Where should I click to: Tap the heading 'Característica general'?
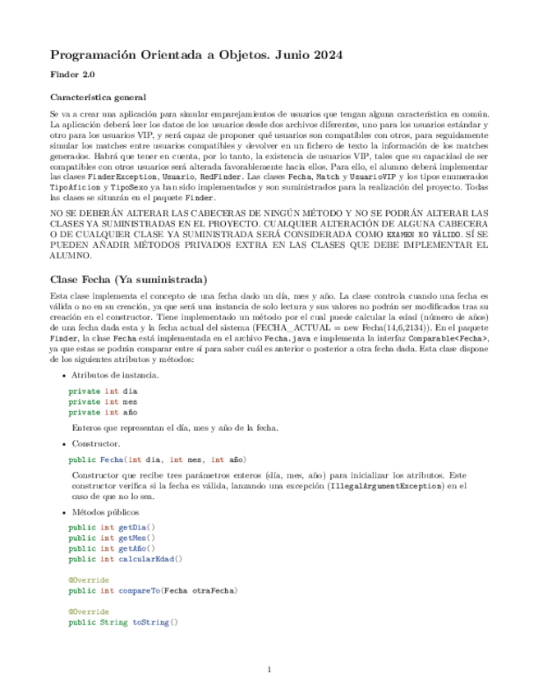[98, 96]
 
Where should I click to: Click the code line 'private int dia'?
[103, 391]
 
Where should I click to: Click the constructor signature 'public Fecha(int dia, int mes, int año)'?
[157, 459]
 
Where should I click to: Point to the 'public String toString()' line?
[123, 622]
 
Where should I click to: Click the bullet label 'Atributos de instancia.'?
[113, 375]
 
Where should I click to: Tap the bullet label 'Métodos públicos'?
[103, 511]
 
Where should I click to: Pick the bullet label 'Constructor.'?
[94, 443]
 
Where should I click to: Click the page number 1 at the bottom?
[269, 671]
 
